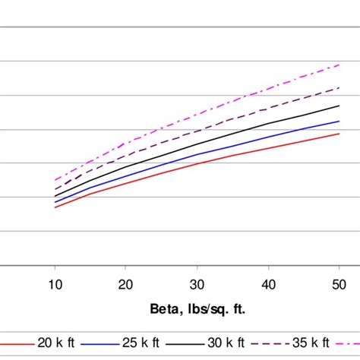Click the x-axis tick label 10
[55, 283]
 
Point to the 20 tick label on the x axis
[126, 283]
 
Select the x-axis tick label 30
[197, 283]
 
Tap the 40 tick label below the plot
[267, 283]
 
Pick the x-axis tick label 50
[339, 283]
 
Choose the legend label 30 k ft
[228, 343]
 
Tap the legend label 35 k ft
[311, 343]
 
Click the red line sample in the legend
[18, 343]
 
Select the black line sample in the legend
[189, 343]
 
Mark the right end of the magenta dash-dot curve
[339, 65]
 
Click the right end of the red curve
[339, 134]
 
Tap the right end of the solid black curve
[339, 106]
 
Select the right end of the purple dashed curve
[339, 88]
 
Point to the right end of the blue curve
[339, 121]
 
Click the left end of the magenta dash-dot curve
[55, 180]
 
